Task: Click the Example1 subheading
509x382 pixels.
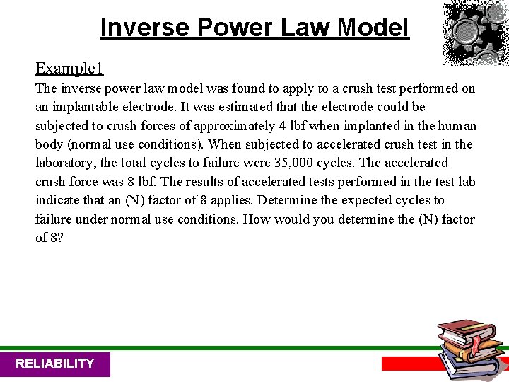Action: pos(69,68)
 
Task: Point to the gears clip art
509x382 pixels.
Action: pos(474,32)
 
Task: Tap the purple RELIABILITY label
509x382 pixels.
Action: pos(55,364)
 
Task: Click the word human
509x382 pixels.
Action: pos(457,126)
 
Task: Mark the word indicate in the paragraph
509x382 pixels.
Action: pos(59,200)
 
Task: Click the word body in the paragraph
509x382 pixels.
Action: pos(49,144)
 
